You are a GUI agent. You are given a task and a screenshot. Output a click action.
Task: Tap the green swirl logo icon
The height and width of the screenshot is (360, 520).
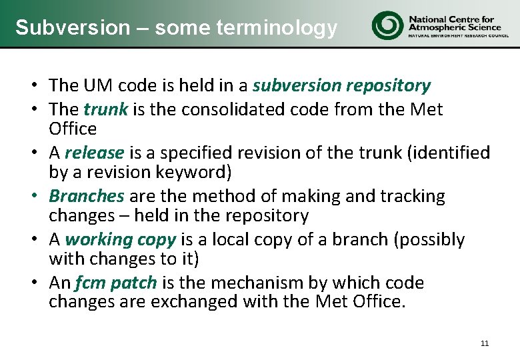[387, 25]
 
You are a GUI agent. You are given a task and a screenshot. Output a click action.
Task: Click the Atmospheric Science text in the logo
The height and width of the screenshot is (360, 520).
[453, 27]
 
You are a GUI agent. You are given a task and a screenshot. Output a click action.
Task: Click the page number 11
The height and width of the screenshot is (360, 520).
[484, 343]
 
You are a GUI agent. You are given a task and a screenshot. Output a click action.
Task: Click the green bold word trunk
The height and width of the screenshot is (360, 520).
[105, 109]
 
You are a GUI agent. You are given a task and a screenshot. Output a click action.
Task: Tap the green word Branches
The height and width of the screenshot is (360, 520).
[87, 196]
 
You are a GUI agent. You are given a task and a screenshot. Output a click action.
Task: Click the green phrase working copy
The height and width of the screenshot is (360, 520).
[121, 239]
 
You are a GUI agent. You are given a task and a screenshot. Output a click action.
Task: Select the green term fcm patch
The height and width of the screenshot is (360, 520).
[115, 283]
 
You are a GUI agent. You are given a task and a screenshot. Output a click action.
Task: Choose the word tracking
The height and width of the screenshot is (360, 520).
[412, 196]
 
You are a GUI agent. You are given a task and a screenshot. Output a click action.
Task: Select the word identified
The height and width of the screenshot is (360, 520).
[453, 153]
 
